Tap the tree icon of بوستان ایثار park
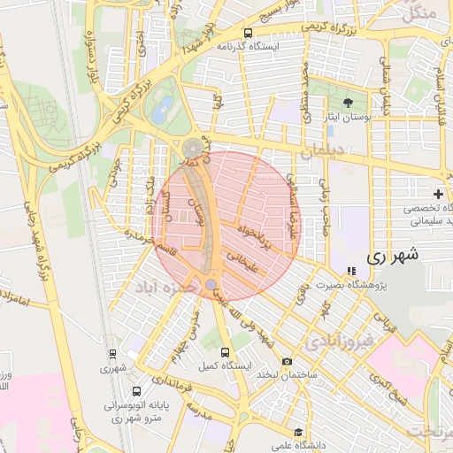pyautogui.click(x=347, y=103)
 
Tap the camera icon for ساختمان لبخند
pyautogui.click(x=286, y=361)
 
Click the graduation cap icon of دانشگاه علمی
pyautogui.click(x=300, y=433)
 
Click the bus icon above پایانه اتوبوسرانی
pyautogui.click(x=136, y=390)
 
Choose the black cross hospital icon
pyautogui.click(x=438, y=194)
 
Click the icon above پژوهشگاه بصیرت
pyautogui.click(x=351, y=271)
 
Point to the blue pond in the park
pyautogui.click(x=162, y=111)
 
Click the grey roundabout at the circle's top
pyautogui.click(x=192, y=148)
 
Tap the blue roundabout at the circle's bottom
pyautogui.click(x=211, y=284)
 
